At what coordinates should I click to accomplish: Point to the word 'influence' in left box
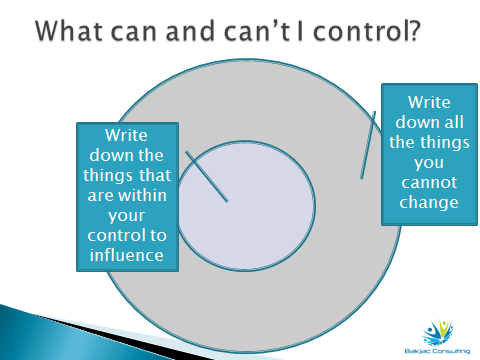click(128, 256)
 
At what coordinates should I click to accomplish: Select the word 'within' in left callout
click(150, 196)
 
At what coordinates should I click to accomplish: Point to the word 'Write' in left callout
click(128, 136)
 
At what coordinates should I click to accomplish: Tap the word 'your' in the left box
click(128, 216)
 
